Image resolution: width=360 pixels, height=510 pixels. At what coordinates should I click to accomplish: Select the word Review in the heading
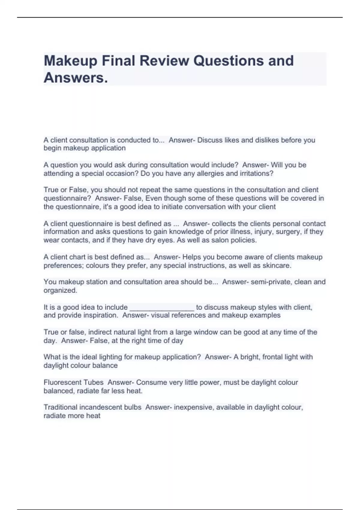click(x=164, y=61)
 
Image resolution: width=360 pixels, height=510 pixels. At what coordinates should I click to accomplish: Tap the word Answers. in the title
click(x=76, y=78)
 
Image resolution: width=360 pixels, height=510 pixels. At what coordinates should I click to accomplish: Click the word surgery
click(x=291, y=232)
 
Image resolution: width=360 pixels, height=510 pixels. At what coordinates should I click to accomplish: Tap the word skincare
click(x=277, y=265)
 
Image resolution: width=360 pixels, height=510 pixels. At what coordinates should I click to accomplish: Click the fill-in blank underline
click(x=162, y=309)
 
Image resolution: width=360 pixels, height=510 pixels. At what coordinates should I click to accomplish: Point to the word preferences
click(x=63, y=265)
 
